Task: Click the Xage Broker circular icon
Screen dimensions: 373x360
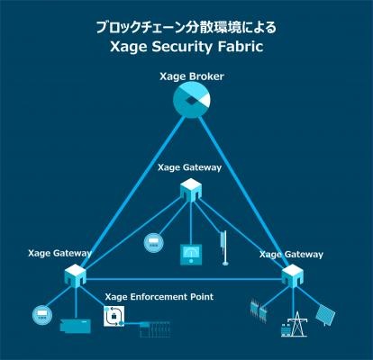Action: [192, 100]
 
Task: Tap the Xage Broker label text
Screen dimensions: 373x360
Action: [192, 76]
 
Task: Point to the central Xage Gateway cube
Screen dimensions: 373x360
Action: [191, 190]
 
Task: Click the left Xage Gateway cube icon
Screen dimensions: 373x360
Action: [76, 275]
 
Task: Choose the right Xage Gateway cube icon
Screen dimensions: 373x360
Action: [292, 276]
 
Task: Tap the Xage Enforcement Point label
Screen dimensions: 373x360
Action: [159, 297]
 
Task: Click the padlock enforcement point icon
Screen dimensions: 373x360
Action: [114, 316]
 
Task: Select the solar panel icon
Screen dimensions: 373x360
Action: [325, 315]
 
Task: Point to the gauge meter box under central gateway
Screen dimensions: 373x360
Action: [191, 255]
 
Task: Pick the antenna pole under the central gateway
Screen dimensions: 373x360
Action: [223, 247]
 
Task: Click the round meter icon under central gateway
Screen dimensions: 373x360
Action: [154, 242]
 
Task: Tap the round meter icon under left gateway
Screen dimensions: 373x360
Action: [42, 315]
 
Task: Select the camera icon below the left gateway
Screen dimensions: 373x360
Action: [75, 325]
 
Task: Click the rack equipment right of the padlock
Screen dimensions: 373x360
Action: [155, 329]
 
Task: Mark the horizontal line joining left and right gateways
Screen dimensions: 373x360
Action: [184, 280]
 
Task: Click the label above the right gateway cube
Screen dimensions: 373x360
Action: [291, 255]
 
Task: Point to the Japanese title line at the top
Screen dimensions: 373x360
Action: [186, 27]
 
